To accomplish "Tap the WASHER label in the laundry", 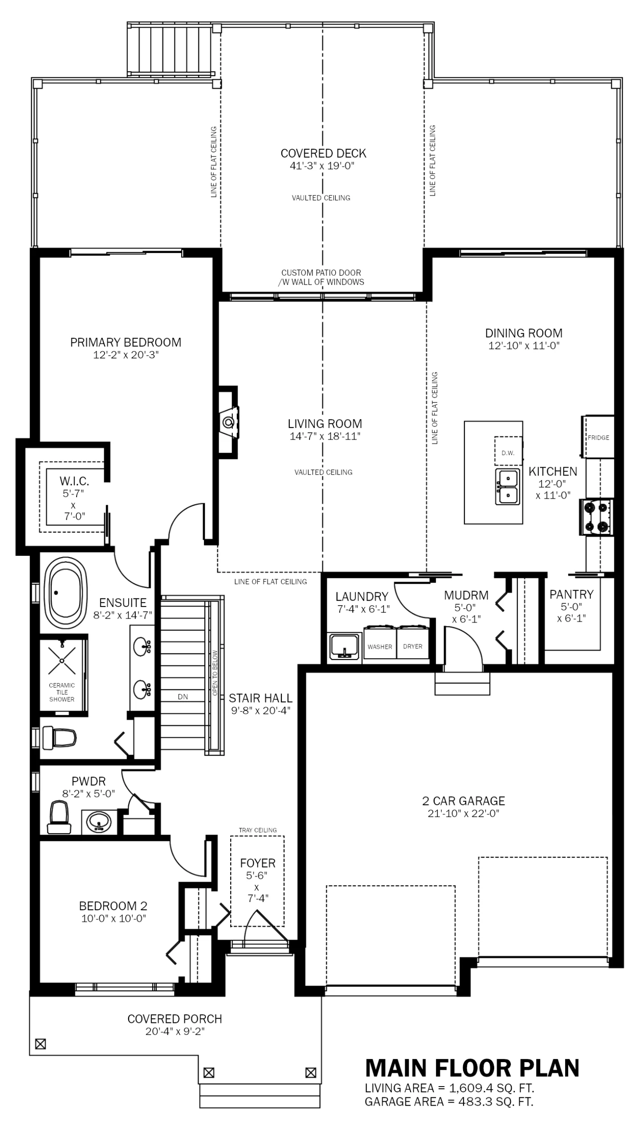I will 380,646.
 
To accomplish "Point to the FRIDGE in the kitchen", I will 598,437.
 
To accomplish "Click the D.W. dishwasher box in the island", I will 508,452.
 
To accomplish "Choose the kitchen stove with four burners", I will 597,517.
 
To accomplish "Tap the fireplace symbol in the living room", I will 229,421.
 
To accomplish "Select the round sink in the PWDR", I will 99,821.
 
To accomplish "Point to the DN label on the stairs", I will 183,697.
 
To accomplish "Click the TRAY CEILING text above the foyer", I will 257,830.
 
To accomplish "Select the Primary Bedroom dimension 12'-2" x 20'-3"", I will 126,355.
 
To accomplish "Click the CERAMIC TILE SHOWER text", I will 62,692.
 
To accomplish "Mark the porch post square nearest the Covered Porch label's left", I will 41,1044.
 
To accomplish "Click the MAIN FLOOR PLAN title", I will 472,1068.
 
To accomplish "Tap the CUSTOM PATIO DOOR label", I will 321,273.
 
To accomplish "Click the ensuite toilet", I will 59,738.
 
